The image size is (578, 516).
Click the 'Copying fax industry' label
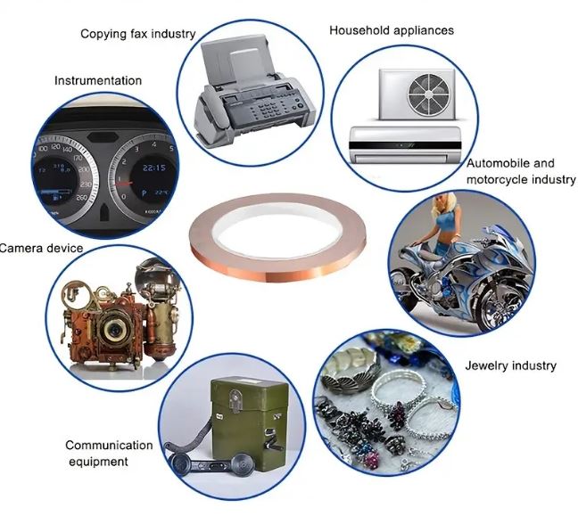click(138, 34)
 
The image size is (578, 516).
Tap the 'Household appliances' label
click(392, 30)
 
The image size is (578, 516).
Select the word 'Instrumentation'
click(98, 81)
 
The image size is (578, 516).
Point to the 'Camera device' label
click(41, 248)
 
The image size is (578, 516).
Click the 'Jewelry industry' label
click(510, 365)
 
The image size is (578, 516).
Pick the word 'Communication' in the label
click(109, 445)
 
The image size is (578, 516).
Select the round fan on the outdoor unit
click(429, 94)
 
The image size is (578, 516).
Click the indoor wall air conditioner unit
click(405, 145)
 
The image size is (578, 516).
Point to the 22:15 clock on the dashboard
click(154, 168)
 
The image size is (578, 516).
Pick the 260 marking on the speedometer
click(82, 198)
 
